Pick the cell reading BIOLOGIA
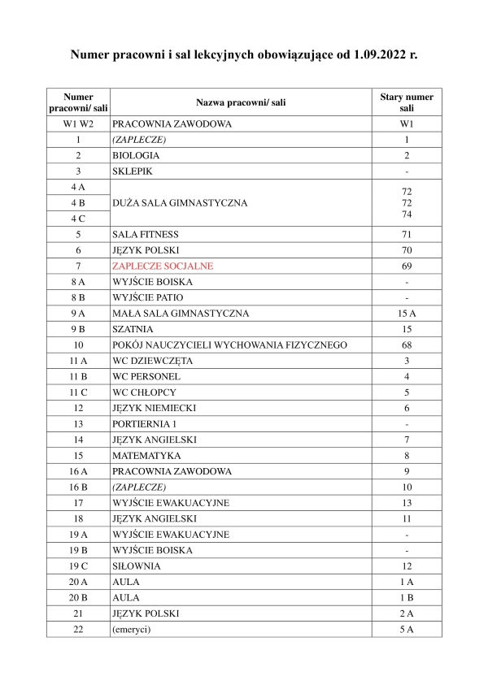tap(136, 154)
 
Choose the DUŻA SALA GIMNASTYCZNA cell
tap(180, 203)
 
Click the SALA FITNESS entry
tap(146, 234)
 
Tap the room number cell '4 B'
tap(78, 202)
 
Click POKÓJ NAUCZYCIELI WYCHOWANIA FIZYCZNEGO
tap(230, 344)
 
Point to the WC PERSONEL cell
tap(146, 376)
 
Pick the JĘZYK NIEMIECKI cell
tap(154, 408)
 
